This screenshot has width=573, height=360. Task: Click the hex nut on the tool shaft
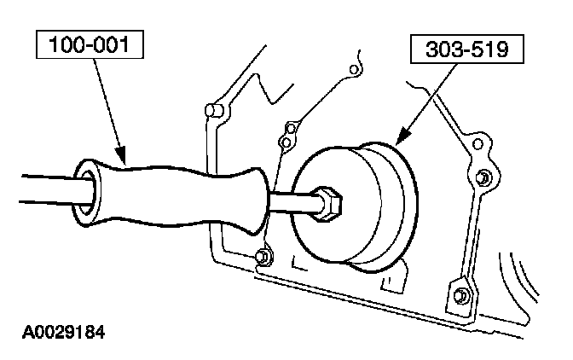click(x=330, y=205)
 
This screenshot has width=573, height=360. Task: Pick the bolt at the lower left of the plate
click(x=264, y=255)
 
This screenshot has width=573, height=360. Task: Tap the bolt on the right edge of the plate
click(x=483, y=177)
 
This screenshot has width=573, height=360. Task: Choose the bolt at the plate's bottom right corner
click(x=461, y=295)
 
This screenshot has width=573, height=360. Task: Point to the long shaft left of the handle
click(x=38, y=189)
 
